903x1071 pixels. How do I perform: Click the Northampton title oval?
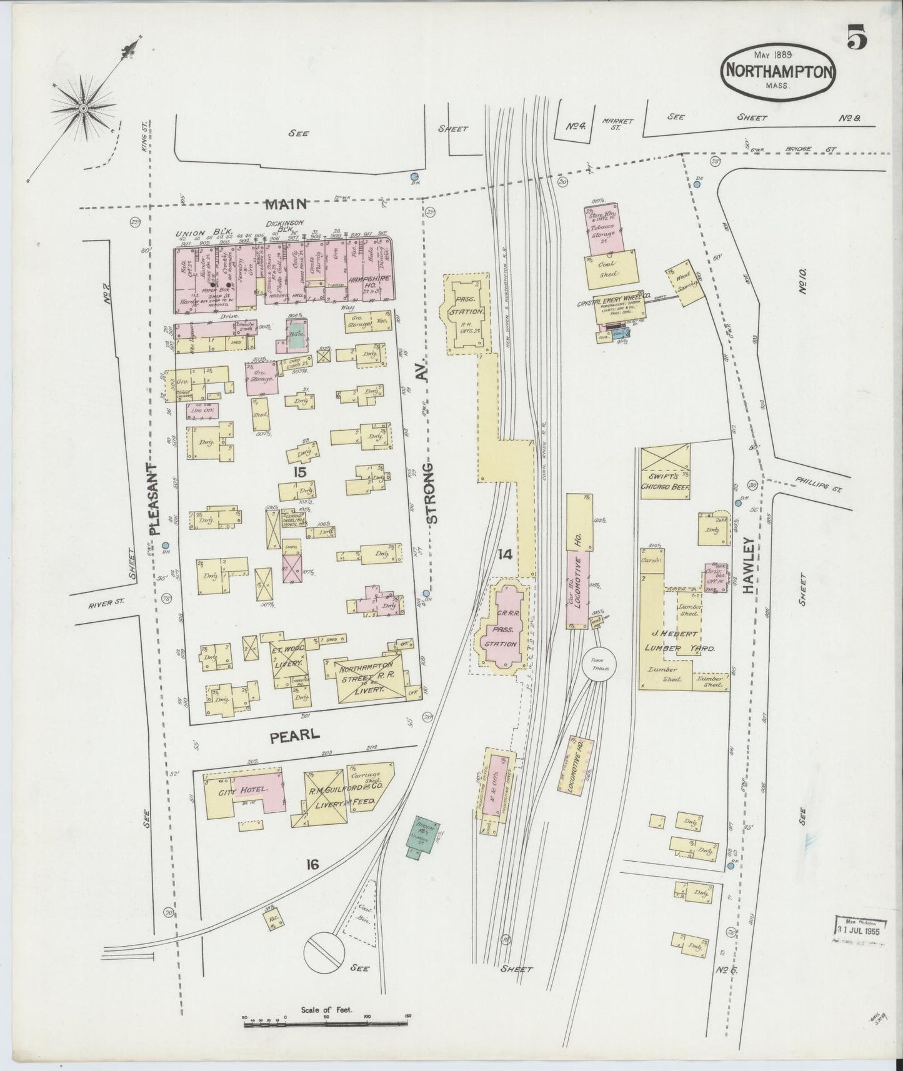(777, 71)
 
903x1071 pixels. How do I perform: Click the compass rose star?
(84, 109)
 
